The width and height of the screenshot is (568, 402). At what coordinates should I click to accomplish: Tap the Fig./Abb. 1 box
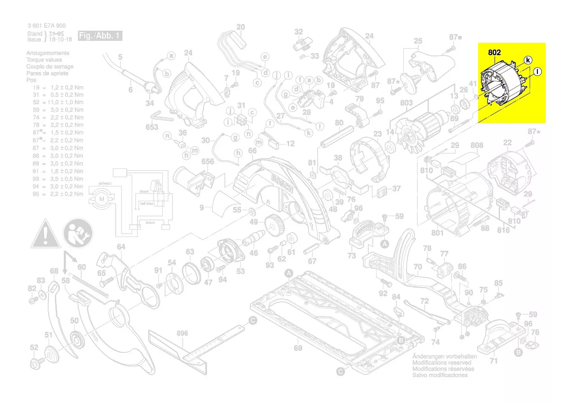[x=100, y=36]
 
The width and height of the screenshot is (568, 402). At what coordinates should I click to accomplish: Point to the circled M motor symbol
[x=102, y=199]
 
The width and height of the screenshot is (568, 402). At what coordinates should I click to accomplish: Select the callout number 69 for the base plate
[x=298, y=347]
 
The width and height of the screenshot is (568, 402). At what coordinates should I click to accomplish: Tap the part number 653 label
[x=152, y=128]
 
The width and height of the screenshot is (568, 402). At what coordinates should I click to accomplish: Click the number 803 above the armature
[x=406, y=103]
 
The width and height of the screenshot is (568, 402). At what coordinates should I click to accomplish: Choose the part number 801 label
[x=437, y=233]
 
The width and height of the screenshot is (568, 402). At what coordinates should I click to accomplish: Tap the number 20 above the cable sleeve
[x=241, y=27]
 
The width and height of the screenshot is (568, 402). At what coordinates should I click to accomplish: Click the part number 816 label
[x=503, y=230]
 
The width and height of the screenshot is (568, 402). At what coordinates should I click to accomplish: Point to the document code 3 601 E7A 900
[x=47, y=26]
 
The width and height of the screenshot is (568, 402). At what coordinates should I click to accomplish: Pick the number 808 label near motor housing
[x=477, y=145]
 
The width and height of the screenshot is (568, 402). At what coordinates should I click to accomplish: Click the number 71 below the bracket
[x=494, y=361]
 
